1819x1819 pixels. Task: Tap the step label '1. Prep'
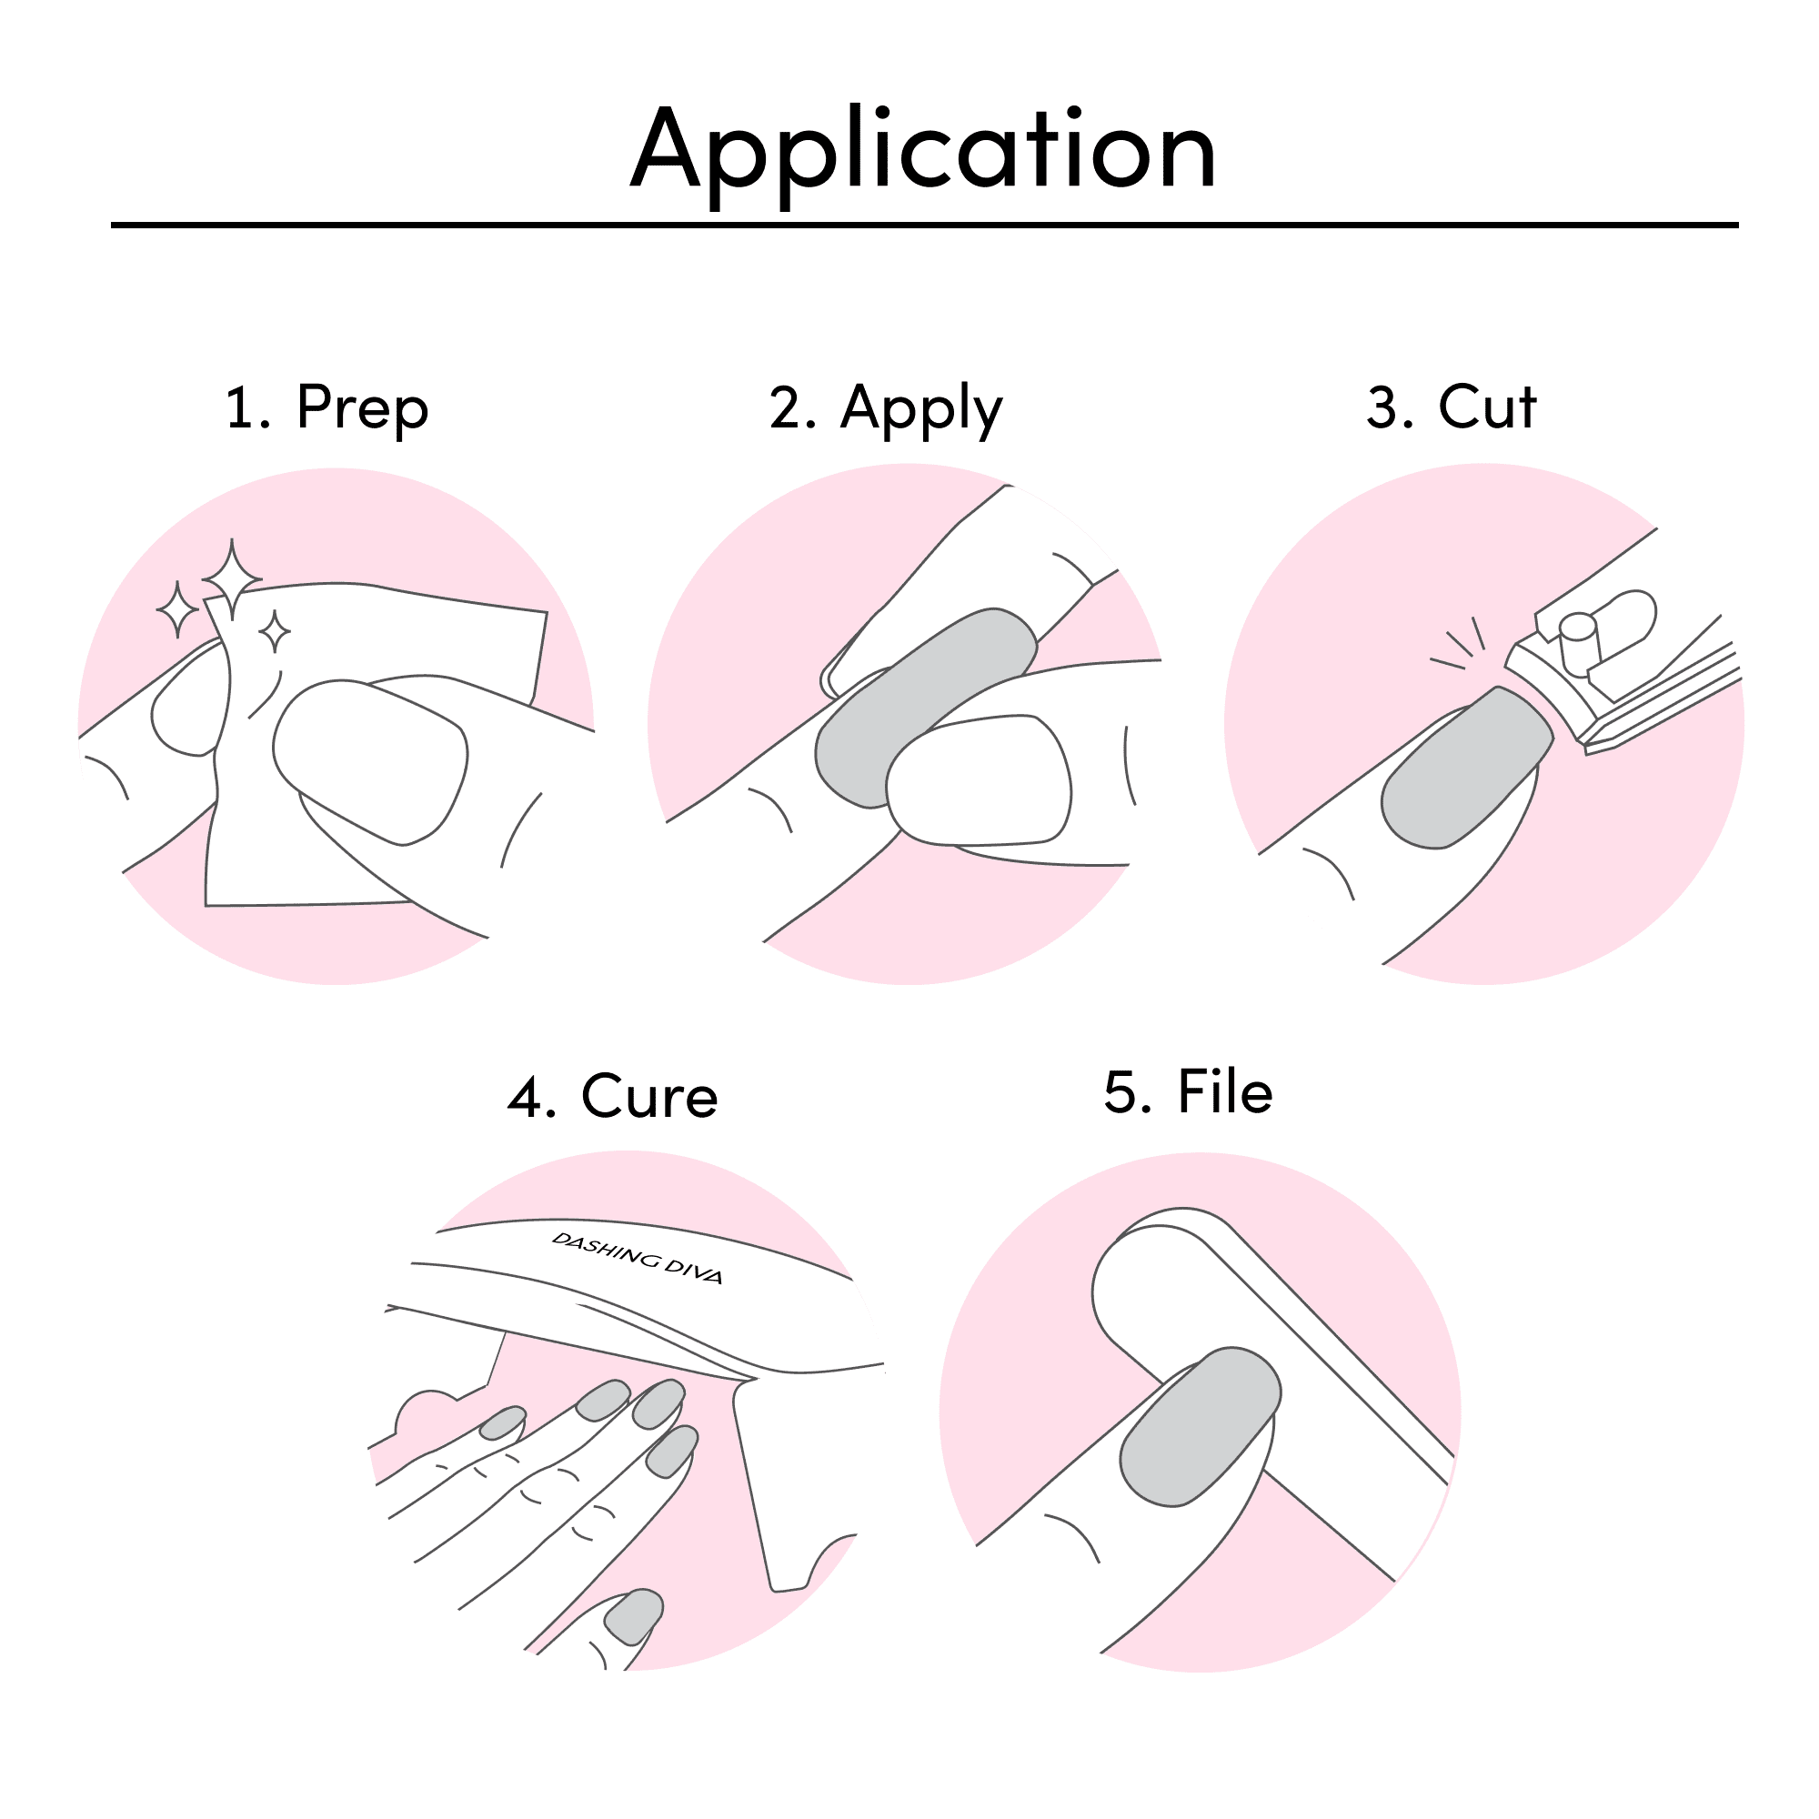point(327,408)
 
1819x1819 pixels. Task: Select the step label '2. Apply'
point(886,408)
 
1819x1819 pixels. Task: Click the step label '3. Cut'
point(1451,407)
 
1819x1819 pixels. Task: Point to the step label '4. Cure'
point(612,1096)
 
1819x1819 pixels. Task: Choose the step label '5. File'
point(1188,1091)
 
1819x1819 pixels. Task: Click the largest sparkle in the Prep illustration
point(232,579)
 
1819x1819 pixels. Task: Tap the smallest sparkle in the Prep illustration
point(275,631)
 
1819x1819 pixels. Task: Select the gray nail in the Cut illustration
point(1466,769)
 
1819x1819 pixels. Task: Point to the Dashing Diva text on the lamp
point(638,1258)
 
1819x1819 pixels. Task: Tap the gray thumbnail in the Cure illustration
point(634,1617)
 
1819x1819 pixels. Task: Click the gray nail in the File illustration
point(1201,1427)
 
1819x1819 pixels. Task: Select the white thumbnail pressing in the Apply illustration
point(980,779)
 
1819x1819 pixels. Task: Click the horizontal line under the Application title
point(925,225)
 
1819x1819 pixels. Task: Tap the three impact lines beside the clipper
point(1457,643)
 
